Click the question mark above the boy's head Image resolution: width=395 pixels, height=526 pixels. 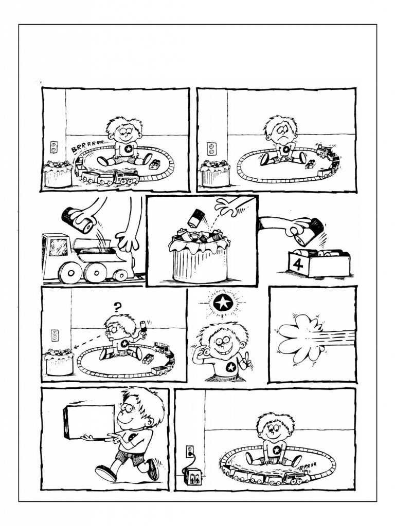tap(117, 306)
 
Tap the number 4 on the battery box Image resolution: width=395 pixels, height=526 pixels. tap(297, 265)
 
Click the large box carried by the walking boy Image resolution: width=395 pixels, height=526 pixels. tap(89, 422)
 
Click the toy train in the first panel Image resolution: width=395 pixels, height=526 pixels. tap(106, 175)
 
